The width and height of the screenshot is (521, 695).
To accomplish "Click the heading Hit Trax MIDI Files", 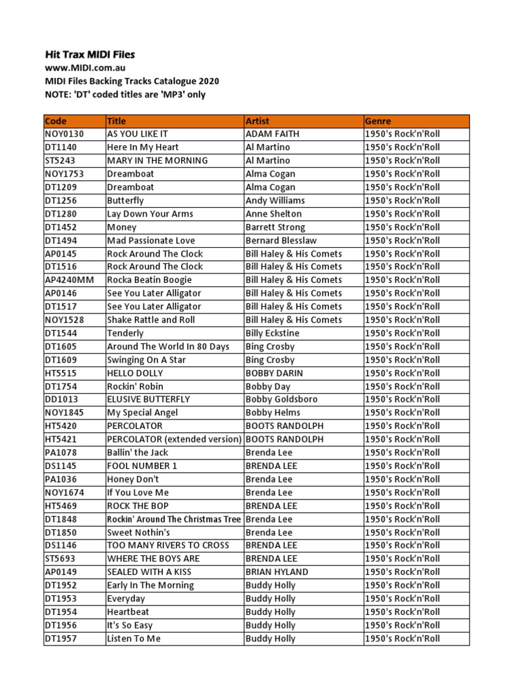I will [x=90, y=54].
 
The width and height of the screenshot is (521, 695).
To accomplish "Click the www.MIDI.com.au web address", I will [x=85, y=68].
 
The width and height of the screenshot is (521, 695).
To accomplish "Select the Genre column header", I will [x=378, y=121].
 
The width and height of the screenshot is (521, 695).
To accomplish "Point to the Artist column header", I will [x=257, y=121].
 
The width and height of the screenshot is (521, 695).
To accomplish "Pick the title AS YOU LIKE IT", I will [x=137, y=134].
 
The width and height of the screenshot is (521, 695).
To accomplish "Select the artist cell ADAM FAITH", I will [x=272, y=134].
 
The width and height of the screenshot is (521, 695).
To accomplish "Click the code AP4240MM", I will [x=71, y=280].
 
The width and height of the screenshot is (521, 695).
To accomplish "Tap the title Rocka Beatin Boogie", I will [x=149, y=280].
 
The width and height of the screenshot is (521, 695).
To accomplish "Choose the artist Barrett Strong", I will [x=275, y=227].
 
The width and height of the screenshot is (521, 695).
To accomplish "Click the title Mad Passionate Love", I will [x=151, y=240].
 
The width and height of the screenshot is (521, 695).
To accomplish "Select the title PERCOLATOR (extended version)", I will [x=174, y=439].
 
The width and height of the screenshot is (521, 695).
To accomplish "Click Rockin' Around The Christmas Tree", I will [x=174, y=519].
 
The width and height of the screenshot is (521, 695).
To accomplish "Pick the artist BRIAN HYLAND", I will [x=277, y=571].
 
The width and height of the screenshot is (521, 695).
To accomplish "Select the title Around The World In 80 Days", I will [x=168, y=346].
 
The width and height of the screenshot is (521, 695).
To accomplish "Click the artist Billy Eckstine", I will [x=272, y=333].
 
